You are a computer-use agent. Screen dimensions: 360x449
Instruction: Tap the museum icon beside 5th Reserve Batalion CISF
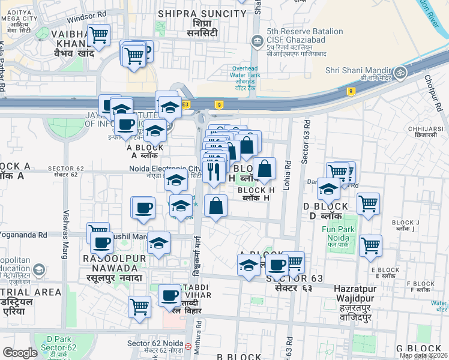click(256, 40)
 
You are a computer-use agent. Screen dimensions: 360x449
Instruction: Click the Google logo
click(20, 353)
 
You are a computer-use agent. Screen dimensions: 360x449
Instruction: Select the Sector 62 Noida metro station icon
click(188, 346)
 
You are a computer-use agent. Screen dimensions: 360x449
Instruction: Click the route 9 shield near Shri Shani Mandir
click(350, 91)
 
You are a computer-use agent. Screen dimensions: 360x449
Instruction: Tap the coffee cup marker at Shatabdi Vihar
click(170, 295)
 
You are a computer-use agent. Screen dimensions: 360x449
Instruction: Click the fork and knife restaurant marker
click(213, 172)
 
